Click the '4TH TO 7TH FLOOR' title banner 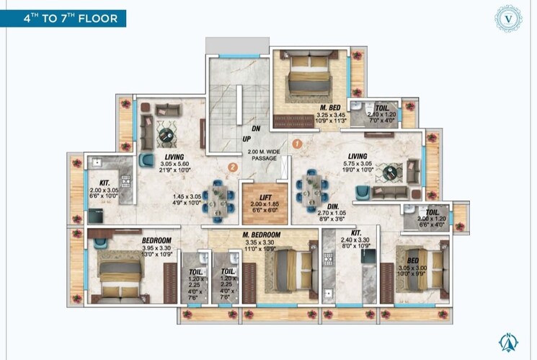pyautogui.click(x=64, y=18)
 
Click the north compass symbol pyautogui.click(x=508, y=342)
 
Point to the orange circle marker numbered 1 pyautogui.click(x=297, y=144)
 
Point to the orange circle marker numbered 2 pyautogui.click(x=232, y=167)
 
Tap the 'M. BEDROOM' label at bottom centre pyautogui.click(x=262, y=236)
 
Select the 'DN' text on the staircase pyautogui.click(x=246, y=128)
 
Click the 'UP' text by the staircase pyautogui.click(x=246, y=139)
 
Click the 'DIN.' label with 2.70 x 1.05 pyautogui.click(x=333, y=205)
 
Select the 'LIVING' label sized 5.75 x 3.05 pyautogui.click(x=358, y=156)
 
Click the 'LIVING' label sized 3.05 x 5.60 pyautogui.click(x=174, y=157)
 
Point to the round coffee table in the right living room pyautogui.click(x=391, y=172)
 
